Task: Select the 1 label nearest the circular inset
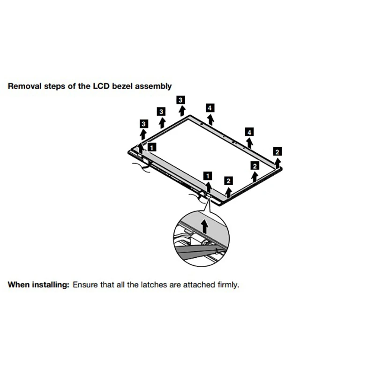tap(208, 176)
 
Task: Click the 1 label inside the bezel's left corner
tap(151, 147)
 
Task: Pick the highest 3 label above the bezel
tap(180, 99)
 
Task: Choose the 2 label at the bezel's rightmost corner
tap(277, 151)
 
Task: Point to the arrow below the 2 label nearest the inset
tap(228, 192)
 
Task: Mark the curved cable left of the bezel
tap(141, 166)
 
